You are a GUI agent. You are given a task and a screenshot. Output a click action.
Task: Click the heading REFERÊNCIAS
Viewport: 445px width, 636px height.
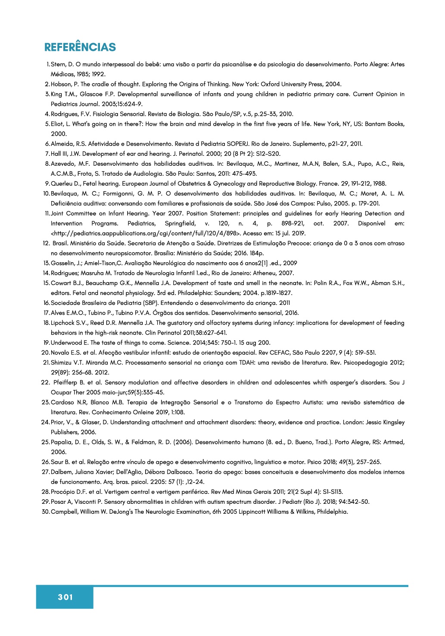pos(80,47)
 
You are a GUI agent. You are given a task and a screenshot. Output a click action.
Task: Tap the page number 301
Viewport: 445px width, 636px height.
pos(65,597)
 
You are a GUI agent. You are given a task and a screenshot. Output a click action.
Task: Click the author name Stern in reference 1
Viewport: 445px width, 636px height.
pos(59,65)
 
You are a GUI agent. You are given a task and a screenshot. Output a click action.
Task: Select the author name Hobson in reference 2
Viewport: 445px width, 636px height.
pos(62,84)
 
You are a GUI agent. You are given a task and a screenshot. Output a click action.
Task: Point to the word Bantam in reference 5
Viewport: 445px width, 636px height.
pos(375,124)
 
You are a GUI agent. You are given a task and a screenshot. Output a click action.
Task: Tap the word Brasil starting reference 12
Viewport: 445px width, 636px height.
pos(60,243)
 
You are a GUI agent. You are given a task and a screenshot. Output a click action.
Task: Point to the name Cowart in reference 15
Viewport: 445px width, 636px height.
pos(61,283)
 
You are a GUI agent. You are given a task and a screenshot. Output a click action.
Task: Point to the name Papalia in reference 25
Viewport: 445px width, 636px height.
pos(62,442)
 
